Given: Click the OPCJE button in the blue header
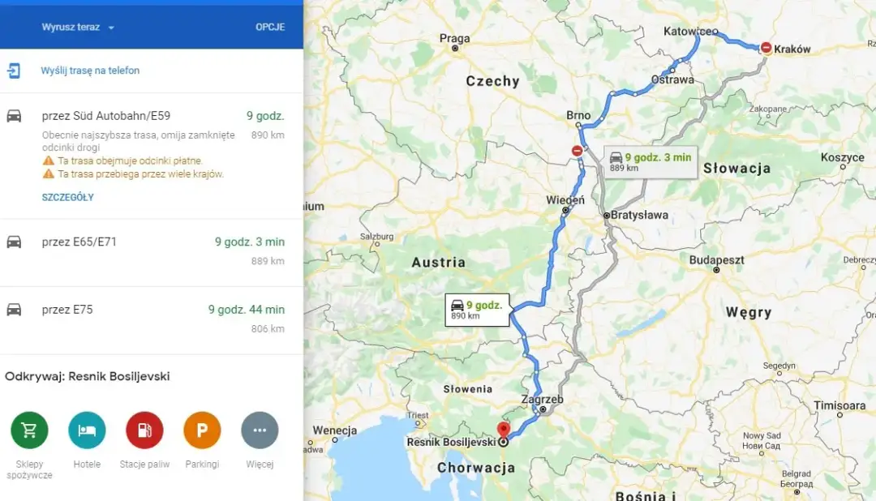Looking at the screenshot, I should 270,27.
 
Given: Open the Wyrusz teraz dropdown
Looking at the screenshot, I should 78,28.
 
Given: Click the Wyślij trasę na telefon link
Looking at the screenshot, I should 90,71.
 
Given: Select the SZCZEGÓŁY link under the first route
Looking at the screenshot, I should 68,197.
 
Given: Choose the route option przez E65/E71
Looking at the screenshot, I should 79,242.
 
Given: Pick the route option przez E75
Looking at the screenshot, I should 67,310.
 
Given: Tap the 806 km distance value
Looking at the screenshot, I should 268,329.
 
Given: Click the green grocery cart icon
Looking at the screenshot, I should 29,430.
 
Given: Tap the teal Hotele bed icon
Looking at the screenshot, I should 87,430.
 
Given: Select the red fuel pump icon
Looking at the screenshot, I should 144,430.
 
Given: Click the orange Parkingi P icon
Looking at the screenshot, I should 202,430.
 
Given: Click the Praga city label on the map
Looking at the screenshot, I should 454,38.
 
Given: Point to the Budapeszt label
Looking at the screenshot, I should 716,260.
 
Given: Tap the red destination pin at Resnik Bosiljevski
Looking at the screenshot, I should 503,429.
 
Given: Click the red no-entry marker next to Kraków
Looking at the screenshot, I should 766,49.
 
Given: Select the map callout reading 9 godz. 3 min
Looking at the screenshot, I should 650,161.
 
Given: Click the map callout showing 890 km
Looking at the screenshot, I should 477,310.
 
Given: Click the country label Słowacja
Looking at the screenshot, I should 736,169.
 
